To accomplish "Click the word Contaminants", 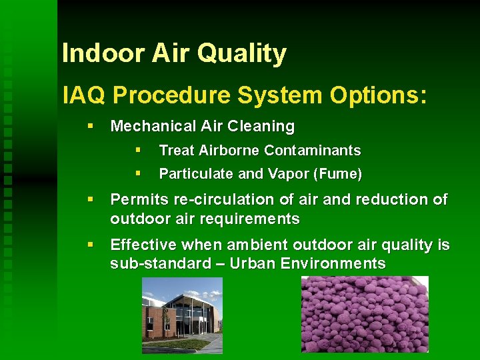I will [315, 151].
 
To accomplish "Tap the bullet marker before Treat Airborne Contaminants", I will [138, 150].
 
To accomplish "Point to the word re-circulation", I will [214, 199].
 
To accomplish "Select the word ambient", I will [249, 245].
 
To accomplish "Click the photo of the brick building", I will [181, 315].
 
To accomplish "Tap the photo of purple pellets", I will [365, 314].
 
